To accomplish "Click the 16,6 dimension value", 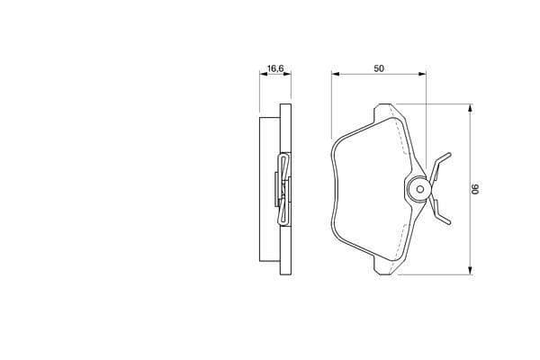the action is click(x=275, y=68).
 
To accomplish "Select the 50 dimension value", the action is click(x=379, y=68).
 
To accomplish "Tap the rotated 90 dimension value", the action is click(x=475, y=189).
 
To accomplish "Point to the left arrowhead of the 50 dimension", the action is click(x=336, y=74).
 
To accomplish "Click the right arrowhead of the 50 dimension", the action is click(x=422, y=74).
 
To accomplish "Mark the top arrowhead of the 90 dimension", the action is click(x=470, y=108).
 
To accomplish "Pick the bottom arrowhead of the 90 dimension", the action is click(x=470, y=270).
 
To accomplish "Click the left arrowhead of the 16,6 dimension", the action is click(x=264, y=74).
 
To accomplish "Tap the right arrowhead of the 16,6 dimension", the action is click(x=287, y=74).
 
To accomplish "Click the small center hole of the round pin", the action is click(x=419, y=189).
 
